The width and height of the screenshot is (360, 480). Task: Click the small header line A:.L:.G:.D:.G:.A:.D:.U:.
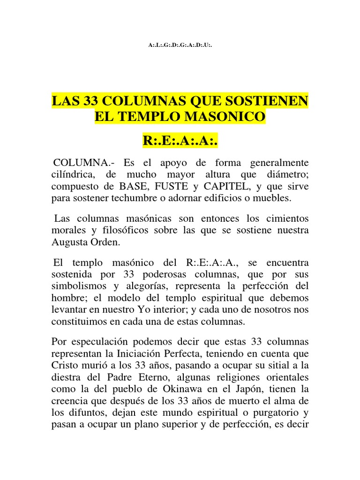tap(180, 45)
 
